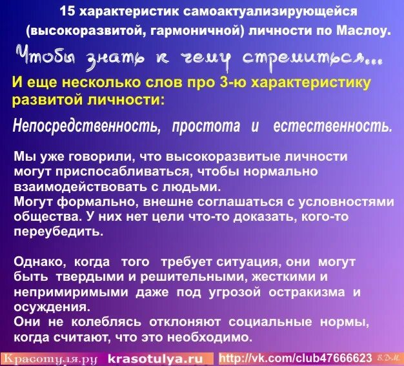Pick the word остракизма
coord(302,292)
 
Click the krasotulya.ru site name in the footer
coord(155,358)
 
